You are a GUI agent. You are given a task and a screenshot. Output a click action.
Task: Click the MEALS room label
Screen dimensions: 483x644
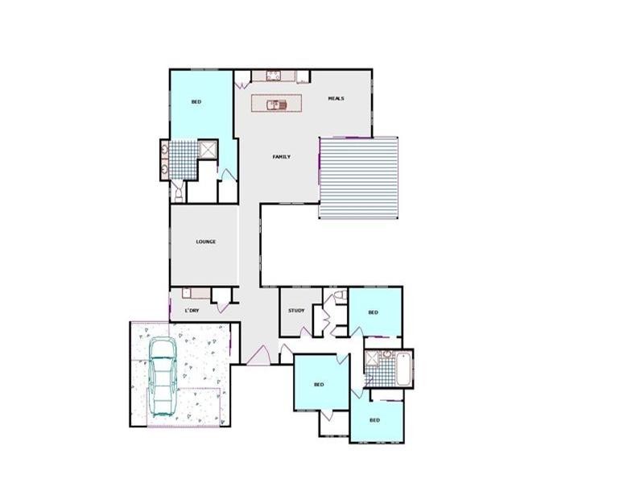[336, 98]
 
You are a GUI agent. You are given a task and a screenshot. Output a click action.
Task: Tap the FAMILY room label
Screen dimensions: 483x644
[281, 156]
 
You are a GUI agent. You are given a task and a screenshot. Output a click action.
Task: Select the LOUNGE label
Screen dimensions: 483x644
[205, 242]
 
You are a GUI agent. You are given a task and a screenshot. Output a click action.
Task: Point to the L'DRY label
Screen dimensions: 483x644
[192, 310]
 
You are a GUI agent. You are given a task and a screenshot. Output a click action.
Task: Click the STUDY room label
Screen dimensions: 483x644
[295, 311]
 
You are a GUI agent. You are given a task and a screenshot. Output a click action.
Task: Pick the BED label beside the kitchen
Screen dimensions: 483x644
[196, 102]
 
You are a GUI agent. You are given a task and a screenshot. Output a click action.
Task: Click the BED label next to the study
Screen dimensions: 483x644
[373, 312]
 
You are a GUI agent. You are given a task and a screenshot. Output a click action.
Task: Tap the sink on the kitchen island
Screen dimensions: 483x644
[274, 103]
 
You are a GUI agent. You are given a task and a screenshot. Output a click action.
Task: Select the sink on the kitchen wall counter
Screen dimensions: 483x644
[272, 77]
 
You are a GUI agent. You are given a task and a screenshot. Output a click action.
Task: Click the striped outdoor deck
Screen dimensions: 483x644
[359, 177]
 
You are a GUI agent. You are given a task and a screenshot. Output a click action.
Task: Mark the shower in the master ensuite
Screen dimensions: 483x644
[208, 149]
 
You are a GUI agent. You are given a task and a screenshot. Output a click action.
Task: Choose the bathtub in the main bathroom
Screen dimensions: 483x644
[402, 368]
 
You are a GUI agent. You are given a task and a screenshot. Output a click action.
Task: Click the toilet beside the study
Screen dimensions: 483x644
[339, 295]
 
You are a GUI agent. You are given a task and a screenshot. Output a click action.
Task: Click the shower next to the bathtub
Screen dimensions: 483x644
[374, 368]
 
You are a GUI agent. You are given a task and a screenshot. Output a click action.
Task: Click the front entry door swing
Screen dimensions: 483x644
[260, 353]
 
